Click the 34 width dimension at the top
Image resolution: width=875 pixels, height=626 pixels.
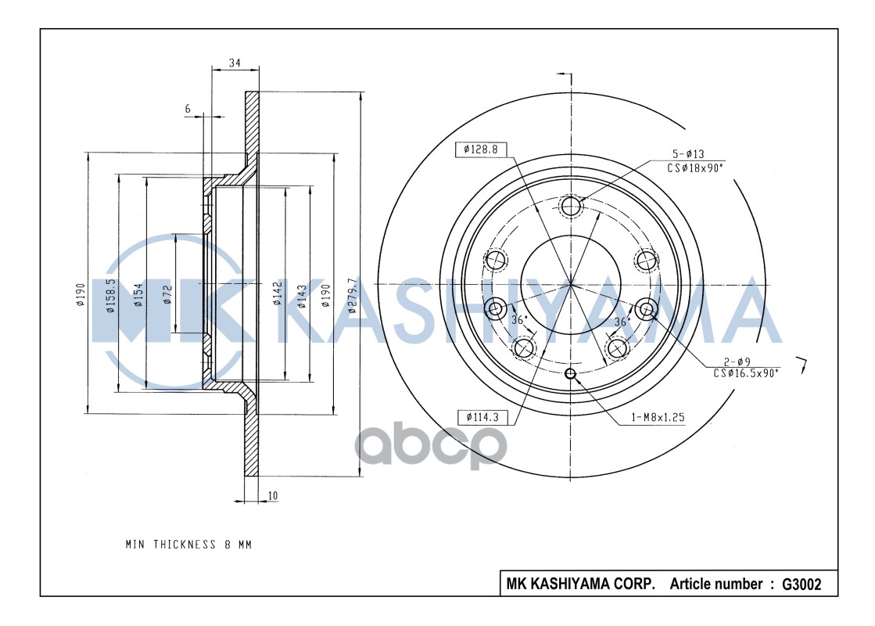point(234,63)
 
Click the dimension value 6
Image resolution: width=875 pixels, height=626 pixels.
point(188,110)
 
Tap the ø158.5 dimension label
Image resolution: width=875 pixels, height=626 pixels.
point(110,296)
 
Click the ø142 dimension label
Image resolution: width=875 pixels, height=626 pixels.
point(277,294)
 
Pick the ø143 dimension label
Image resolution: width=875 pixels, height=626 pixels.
point(301,294)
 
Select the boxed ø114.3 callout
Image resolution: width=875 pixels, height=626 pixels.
point(481,417)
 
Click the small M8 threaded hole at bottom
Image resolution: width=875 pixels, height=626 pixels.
point(571,374)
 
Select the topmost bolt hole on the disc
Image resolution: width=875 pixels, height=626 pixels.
point(571,207)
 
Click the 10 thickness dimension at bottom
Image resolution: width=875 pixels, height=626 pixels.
point(272,495)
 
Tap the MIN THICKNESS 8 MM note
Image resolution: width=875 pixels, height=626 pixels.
point(188,544)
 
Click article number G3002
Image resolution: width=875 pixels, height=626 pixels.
point(801,584)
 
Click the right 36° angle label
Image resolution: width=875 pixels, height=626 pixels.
point(622,322)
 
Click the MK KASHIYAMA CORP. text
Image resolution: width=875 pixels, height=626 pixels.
point(580,584)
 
